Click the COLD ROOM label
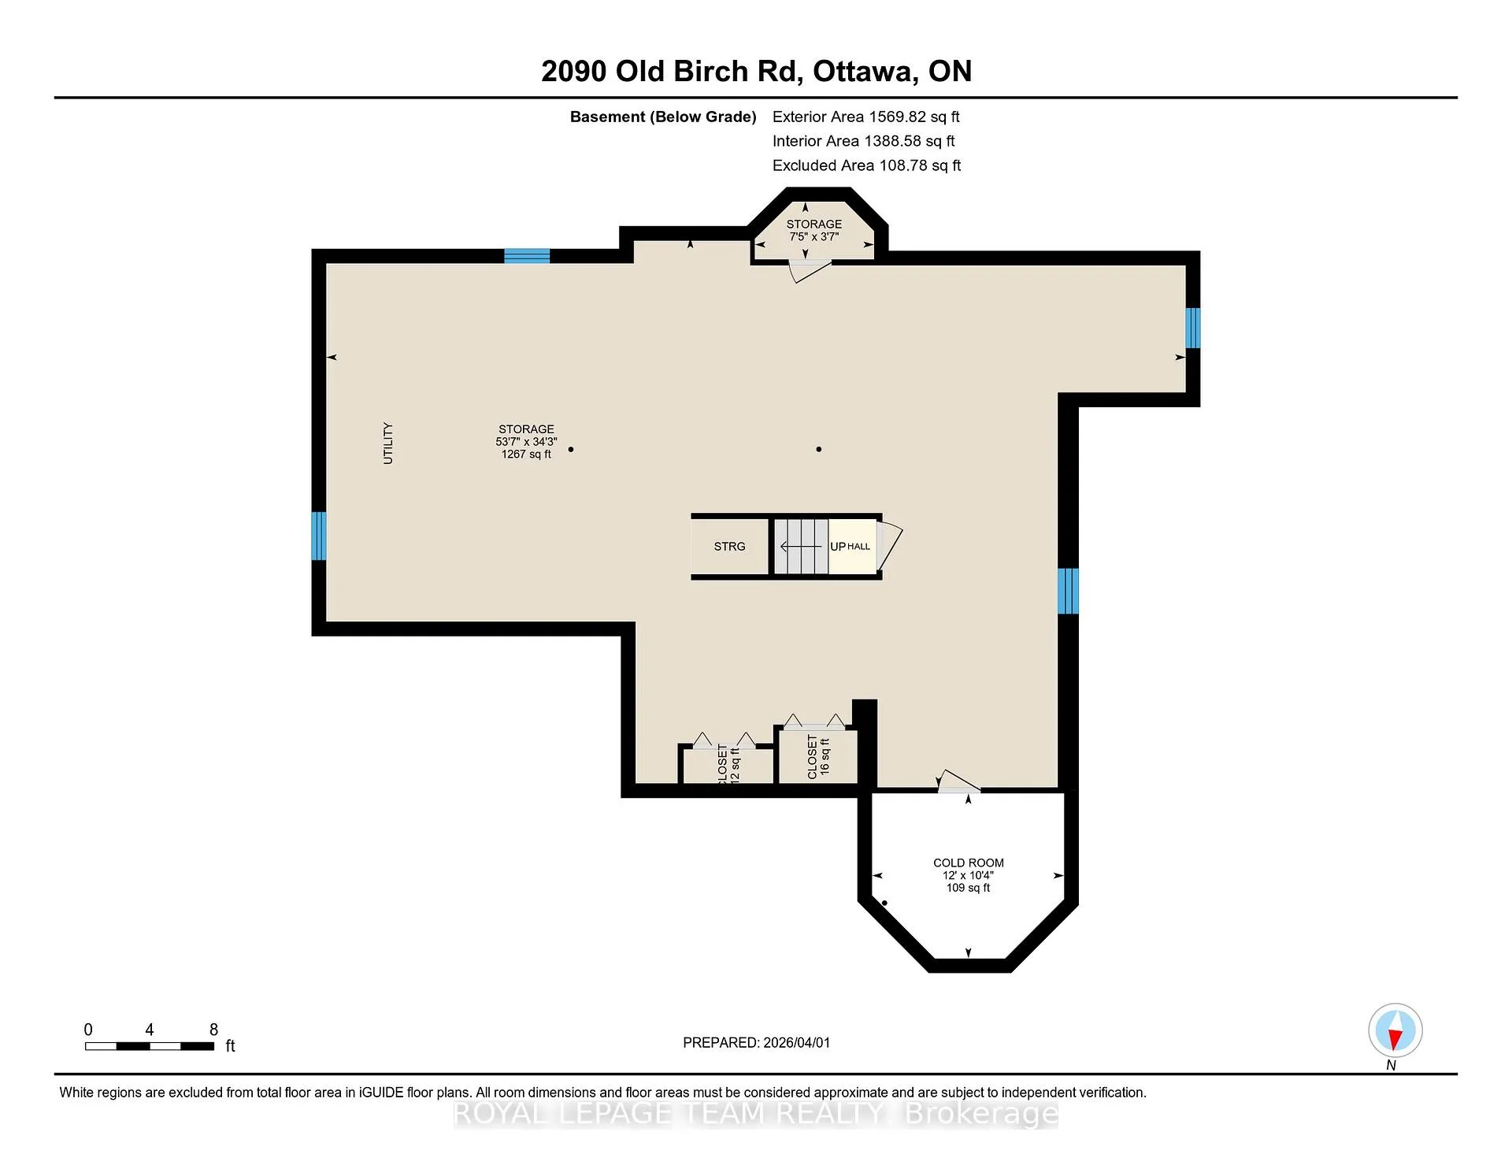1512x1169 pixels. coord(968,863)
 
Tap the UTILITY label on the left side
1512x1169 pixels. coord(387,443)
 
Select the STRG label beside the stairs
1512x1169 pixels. coord(729,547)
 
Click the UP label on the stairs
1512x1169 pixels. coord(838,547)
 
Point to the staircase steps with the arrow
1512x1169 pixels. coord(801,547)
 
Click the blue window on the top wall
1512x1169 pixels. coord(527,256)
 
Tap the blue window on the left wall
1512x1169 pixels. coord(319,536)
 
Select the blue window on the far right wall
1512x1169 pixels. coord(1193,328)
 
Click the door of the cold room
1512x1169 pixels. coord(959,781)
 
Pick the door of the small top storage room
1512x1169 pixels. coord(810,271)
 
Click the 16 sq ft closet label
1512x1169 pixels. coord(818,757)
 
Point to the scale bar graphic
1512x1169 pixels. coord(150,1046)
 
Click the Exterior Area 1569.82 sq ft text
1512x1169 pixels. coord(865,117)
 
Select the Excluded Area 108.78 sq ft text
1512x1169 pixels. coord(866,165)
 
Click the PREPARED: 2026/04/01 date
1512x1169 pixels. coord(756,1042)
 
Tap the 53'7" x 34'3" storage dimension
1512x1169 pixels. coord(526,442)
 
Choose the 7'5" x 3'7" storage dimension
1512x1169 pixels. coord(814,236)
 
